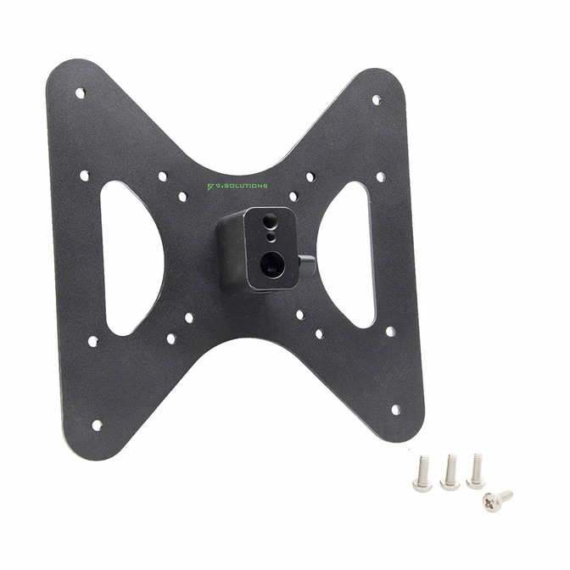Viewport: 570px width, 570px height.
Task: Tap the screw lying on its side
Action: [x=497, y=500]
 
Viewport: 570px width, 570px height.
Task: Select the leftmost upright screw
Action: [x=422, y=472]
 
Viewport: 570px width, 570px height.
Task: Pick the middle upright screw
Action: [x=450, y=472]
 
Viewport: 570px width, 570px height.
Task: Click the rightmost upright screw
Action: [x=476, y=470]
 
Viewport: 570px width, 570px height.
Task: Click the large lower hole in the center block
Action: [x=272, y=265]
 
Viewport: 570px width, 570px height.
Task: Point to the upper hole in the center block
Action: [x=270, y=221]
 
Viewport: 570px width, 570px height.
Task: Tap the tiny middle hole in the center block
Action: [x=270, y=237]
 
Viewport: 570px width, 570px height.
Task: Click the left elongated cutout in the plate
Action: [x=131, y=258]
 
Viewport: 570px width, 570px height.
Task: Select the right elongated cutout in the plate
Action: [x=345, y=254]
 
